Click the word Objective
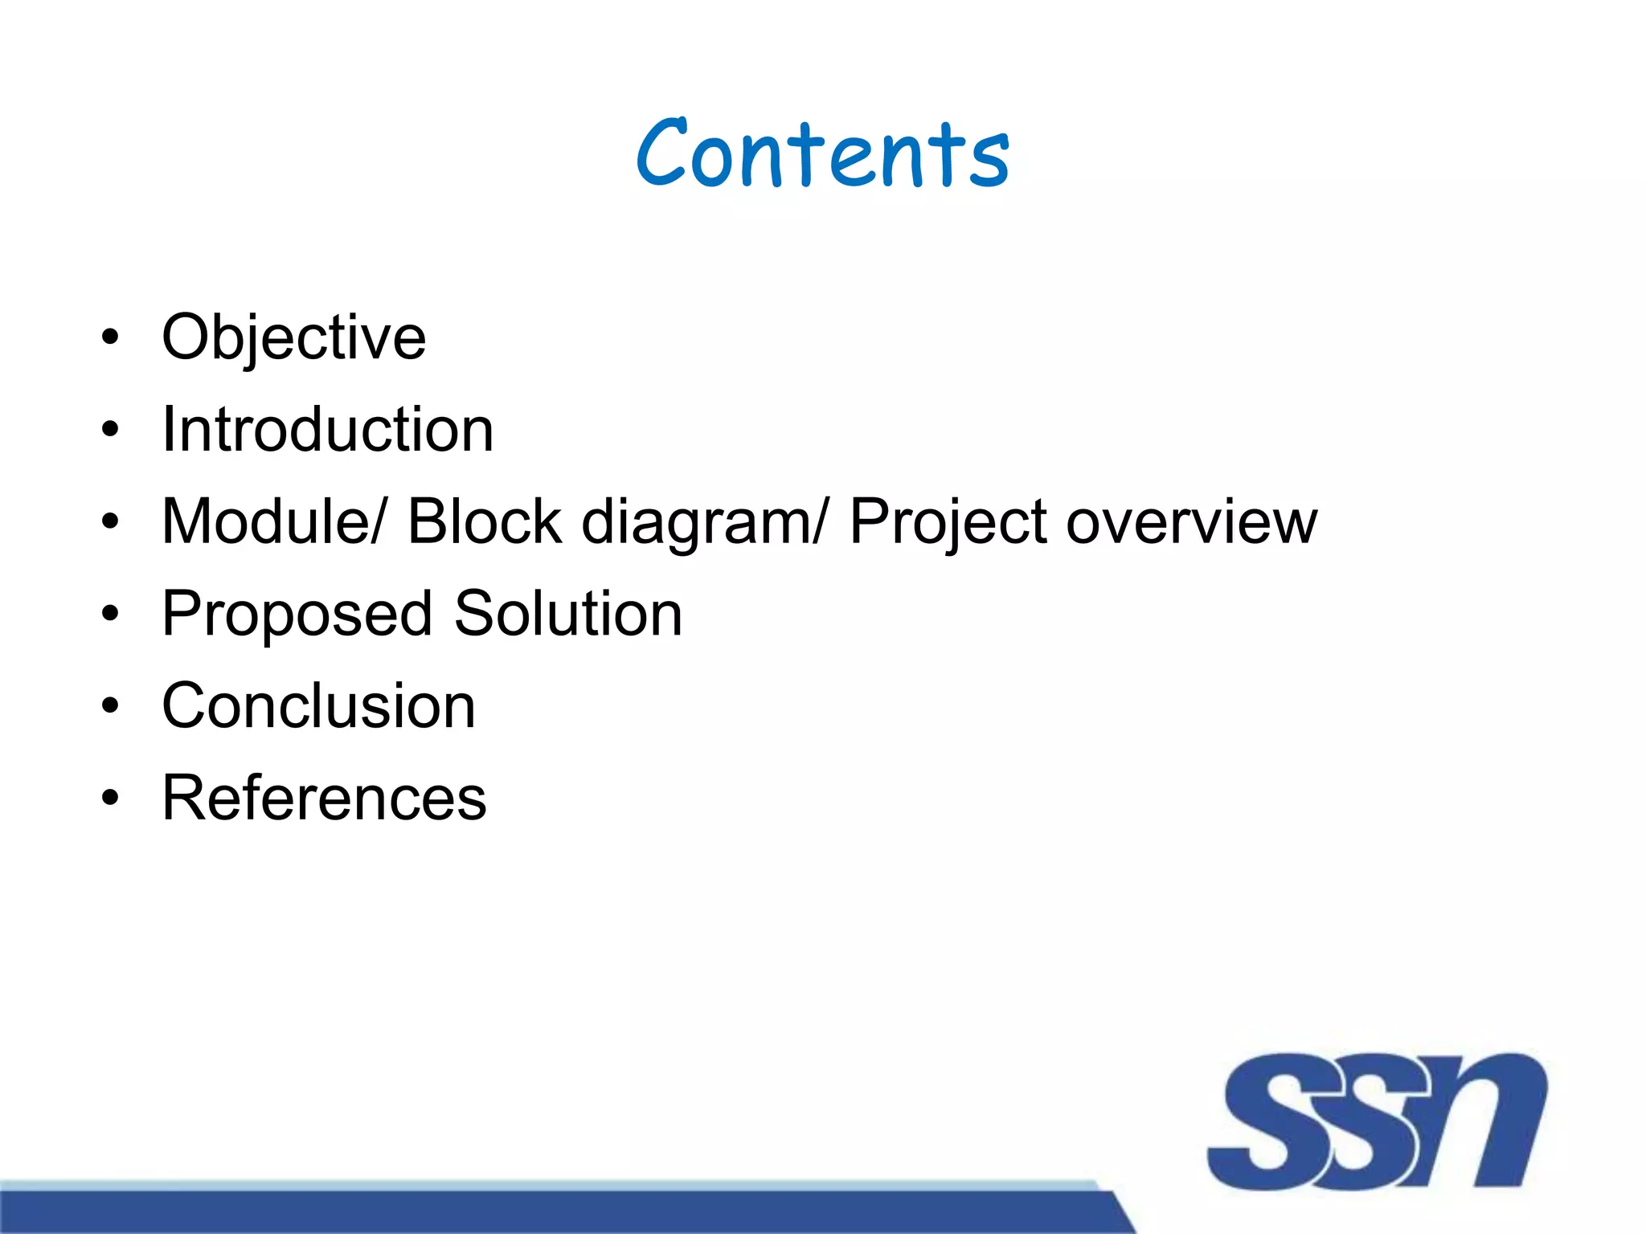click(x=293, y=337)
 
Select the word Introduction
click(x=327, y=430)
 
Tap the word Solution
click(x=568, y=614)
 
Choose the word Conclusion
click(x=318, y=706)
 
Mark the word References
click(x=324, y=799)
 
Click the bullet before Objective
click(x=110, y=337)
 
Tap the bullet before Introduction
click(x=110, y=430)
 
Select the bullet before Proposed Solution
click(x=110, y=615)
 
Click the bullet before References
click(x=110, y=799)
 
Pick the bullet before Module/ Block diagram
click(x=110, y=522)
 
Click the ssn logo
click(x=1376, y=1121)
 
